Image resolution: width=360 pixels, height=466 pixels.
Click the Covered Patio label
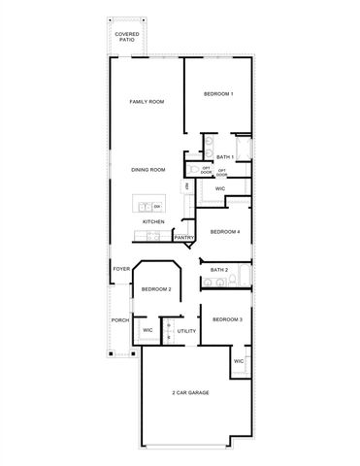126,37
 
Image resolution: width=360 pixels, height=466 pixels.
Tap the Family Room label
148,101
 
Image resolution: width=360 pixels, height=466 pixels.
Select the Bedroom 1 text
217,94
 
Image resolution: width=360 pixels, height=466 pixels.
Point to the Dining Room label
148,170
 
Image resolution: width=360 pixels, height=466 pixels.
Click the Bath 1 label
224,157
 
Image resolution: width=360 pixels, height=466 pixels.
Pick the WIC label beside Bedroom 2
147,331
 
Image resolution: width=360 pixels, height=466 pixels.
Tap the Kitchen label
153,222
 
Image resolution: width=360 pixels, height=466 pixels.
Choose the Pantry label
184,237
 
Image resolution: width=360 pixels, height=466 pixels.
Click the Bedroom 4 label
225,231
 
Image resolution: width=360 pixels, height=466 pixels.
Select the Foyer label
121,269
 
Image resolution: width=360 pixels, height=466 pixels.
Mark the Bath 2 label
219,269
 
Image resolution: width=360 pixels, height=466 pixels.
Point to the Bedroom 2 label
156,289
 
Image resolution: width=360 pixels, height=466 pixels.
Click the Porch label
120,319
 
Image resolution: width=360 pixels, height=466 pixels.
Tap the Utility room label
186,331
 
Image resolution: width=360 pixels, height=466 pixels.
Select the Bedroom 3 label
227,319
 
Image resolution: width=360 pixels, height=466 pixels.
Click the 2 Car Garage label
190,392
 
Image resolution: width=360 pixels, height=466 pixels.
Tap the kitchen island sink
145,207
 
